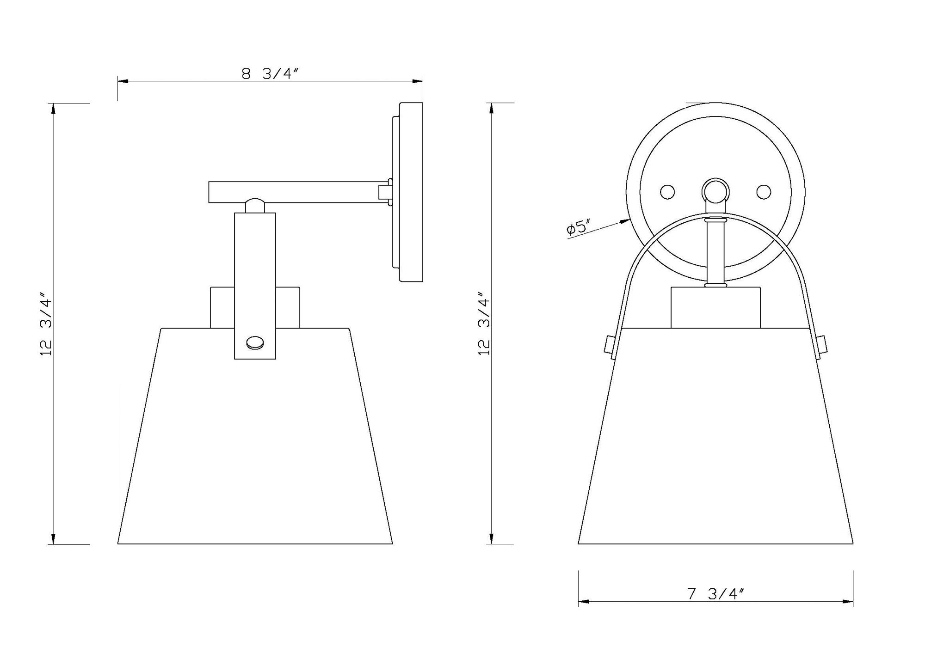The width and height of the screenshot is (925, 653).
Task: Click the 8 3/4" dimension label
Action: click(x=271, y=73)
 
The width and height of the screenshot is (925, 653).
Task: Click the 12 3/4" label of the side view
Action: click(x=48, y=323)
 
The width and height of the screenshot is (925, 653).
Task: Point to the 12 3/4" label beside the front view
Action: click(x=484, y=323)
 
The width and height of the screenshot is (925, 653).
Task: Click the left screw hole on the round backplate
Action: click(x=667, y=192)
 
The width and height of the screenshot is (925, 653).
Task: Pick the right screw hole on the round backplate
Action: click(x=763, y=192)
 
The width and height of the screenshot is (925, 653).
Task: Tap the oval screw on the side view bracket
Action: click(x=255, y=343)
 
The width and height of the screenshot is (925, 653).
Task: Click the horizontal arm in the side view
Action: click(x=296, y=192)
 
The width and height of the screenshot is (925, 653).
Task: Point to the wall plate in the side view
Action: click(x=411, y=192)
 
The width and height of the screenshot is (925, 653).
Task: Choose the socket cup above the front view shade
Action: click(x=715, y=307)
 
